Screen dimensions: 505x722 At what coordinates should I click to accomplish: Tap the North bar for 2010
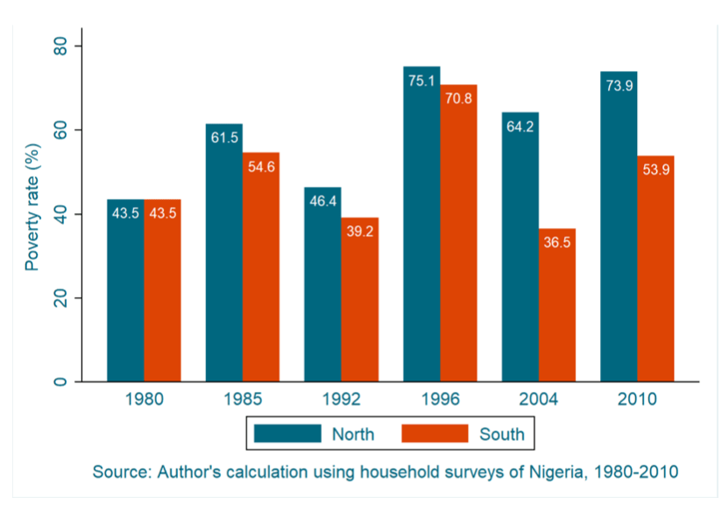pyautogui.click(x=619, y=227)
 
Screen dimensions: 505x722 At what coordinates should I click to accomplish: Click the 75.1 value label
pyautogui.click(x=421, y=81)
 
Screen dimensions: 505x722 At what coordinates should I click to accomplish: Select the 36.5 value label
pyautogui.click(x=557, y=243)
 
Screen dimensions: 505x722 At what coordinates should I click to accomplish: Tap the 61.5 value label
pyautogui.click(x=224, y=138)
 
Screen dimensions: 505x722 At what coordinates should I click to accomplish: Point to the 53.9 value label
pyautogui.click(x=655, y=170)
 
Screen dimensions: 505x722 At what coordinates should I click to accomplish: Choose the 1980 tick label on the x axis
pyautogui.click(x=143, y=400)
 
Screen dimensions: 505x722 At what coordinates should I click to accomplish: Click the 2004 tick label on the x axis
pyautogui.click(x=539, y=400)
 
